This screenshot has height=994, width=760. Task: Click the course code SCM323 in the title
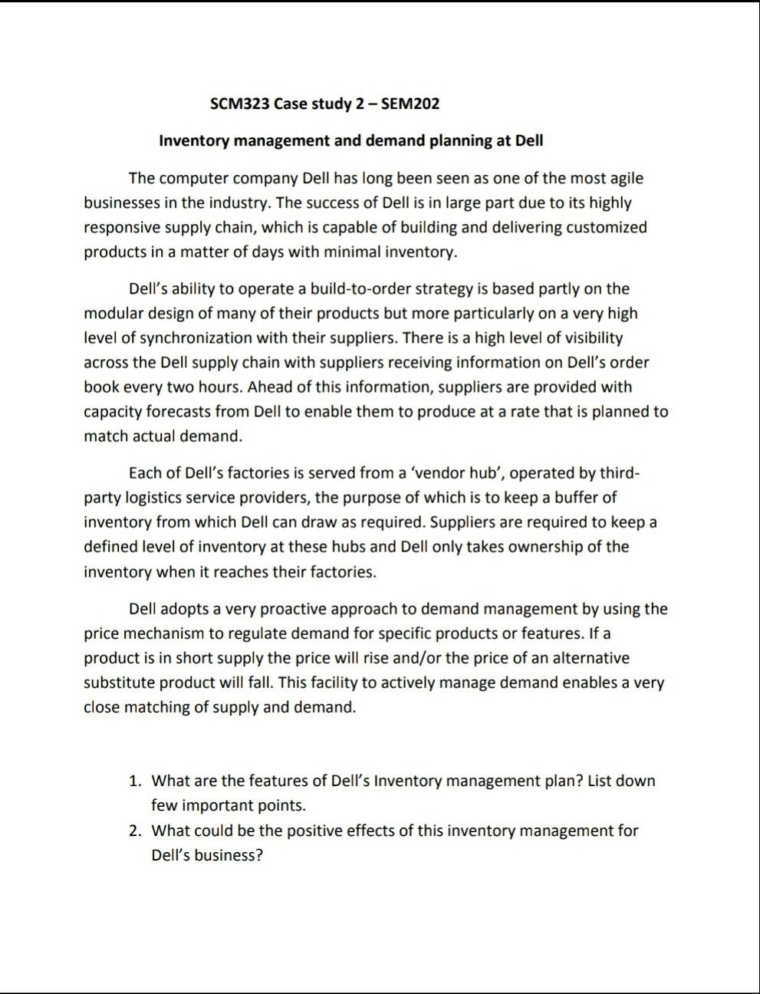click(239, 104)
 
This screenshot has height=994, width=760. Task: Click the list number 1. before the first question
click(135, 781)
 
